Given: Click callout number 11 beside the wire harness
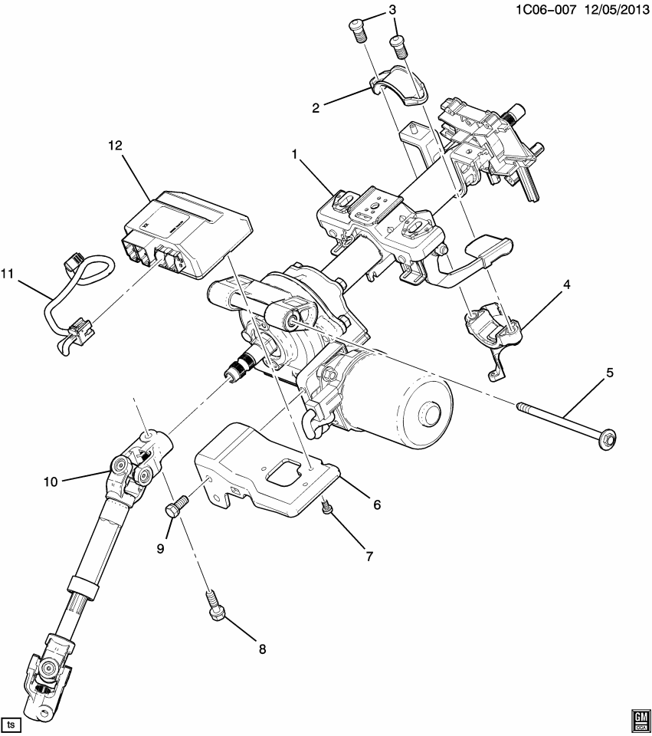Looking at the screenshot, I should pos(8,274).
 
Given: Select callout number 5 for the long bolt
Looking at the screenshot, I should pos(609,373).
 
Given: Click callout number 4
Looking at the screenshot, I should pos(566,284).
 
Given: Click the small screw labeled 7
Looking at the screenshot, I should pos(327,507).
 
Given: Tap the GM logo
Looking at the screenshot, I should pos(640,718).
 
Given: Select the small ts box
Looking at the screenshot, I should pos(11,724).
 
